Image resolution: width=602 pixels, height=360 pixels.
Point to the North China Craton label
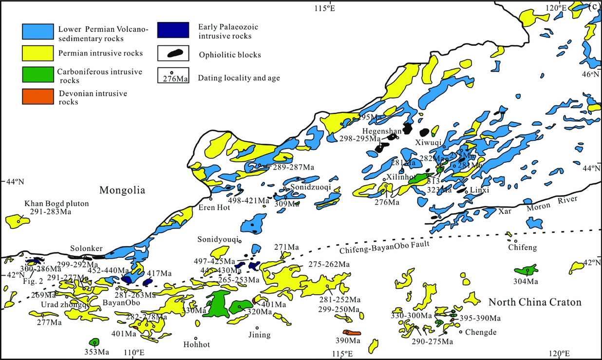(535, 303)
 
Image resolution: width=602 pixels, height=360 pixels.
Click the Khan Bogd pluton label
(56, 204)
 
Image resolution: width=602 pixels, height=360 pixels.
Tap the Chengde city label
(480, 332)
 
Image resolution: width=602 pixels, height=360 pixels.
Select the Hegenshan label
(382, 131)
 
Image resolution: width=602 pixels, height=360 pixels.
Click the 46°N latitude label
(591, 75)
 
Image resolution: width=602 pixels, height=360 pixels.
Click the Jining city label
(258, 335)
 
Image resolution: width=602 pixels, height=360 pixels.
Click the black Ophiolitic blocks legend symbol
(173, 53)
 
